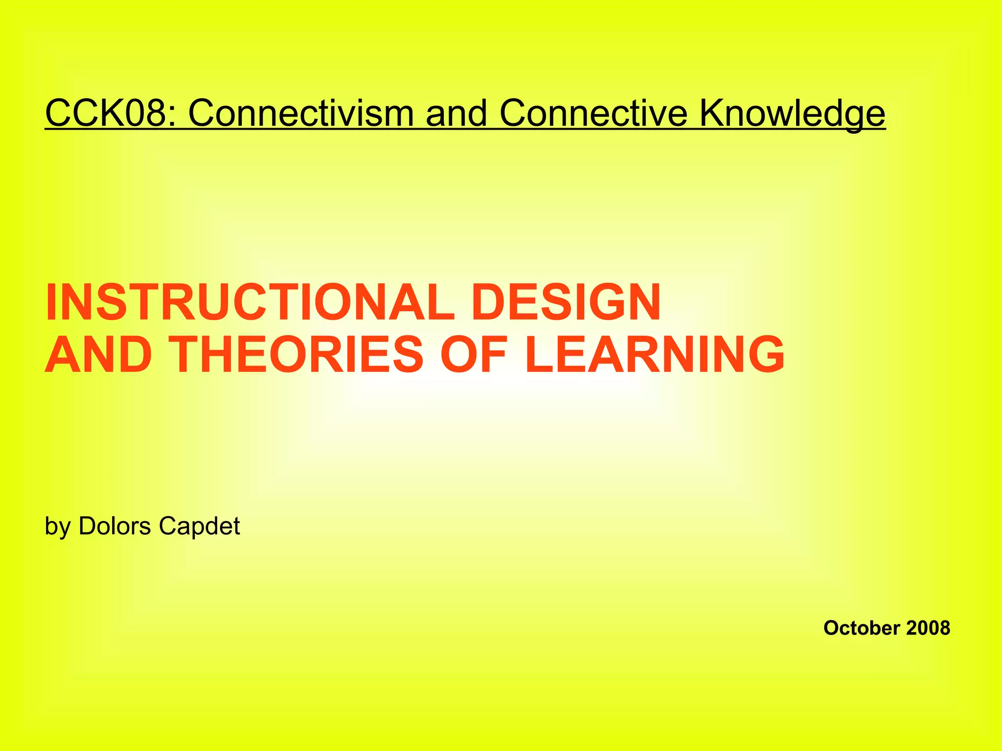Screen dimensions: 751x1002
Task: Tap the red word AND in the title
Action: (x=98, y=355)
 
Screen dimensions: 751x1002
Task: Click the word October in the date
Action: (x=861, y=628)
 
